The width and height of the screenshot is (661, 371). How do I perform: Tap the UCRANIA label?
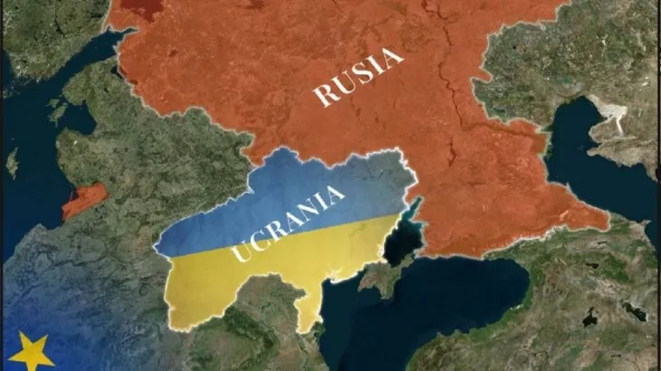tap(288, 223)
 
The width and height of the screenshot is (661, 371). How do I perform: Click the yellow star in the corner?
tap(31, 351)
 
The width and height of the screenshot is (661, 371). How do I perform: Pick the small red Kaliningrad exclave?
tap(84, 202)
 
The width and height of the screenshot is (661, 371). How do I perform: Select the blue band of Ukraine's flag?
tap(272, 195)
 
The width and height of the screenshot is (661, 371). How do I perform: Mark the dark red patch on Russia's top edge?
tap(135, 9)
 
